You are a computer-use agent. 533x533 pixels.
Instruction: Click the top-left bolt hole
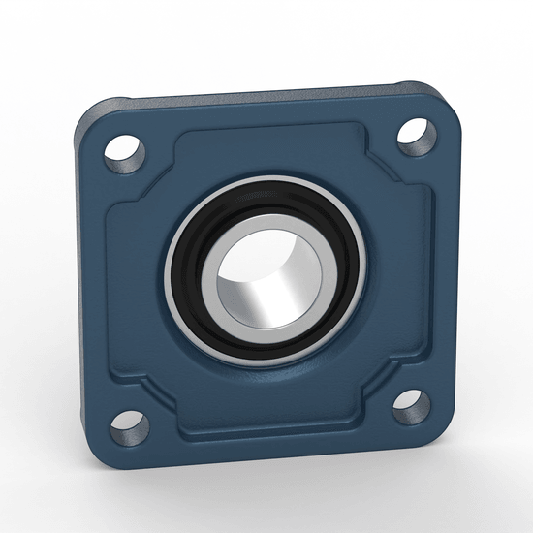[x=125, y=150]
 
